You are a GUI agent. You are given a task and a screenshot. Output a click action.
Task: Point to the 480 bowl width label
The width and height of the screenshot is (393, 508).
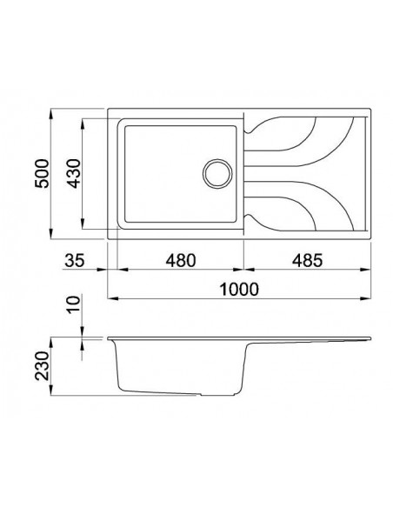(178, 259)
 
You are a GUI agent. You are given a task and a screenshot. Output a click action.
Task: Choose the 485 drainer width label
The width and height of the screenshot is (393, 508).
(305, 259)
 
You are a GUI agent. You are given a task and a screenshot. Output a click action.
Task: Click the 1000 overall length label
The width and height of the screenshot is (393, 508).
(241, 290)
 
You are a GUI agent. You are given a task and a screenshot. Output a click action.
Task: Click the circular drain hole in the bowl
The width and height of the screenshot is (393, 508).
(215, 171)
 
